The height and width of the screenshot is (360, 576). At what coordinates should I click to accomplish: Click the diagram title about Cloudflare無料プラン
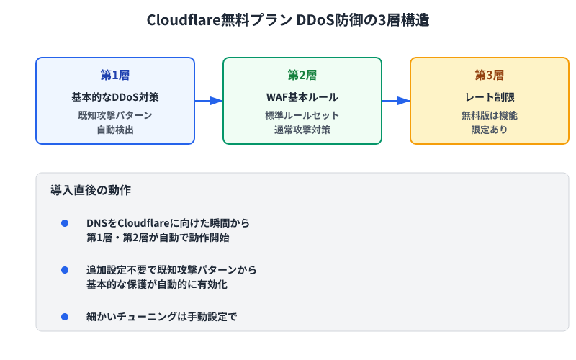pos(288,20)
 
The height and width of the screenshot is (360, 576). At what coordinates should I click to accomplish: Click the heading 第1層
pos(115,76)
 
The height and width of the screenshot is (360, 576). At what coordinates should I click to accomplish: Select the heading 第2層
pos(302,76)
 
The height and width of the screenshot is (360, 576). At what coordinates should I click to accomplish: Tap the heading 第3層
pos(490,76)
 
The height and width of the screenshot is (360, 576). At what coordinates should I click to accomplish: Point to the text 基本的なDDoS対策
pos(115,96)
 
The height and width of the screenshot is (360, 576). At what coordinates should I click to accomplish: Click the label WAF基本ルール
pos(302,96)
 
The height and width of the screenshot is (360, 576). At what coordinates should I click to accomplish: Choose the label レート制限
pos(490,96)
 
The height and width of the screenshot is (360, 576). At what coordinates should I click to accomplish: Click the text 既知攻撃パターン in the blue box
pos(115,115)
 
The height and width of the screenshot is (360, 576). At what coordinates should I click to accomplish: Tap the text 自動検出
pos(115,130)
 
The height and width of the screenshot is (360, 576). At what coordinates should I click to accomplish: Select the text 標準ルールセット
pos(302,115)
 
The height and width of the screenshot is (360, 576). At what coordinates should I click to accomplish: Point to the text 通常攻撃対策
pos(302,130)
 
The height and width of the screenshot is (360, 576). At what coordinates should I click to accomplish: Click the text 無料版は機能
pos(490,115)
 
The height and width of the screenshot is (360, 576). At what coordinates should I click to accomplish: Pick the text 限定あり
pos(490,130)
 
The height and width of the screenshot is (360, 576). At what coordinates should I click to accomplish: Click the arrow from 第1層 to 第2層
pos(209,101)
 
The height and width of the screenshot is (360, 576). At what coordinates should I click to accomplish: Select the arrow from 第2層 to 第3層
pos(396,101)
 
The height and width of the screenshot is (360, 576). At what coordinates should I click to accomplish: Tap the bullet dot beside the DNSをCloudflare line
pos(65,223)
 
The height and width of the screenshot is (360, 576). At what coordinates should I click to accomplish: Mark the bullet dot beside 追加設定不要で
pos(65,270)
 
